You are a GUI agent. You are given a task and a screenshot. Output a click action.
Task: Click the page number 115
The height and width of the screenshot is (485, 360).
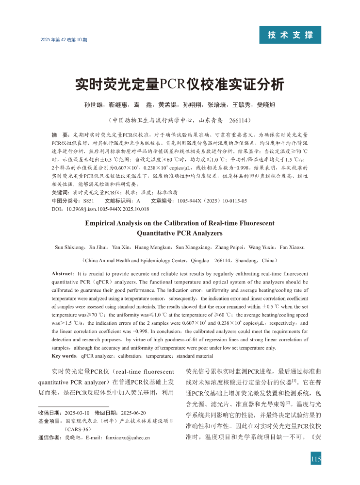coord(316,459)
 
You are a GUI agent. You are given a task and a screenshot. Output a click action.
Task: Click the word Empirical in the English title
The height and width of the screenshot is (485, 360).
coord(105,223)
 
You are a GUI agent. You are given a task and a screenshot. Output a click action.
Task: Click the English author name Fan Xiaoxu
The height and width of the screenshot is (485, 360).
coord(290,247)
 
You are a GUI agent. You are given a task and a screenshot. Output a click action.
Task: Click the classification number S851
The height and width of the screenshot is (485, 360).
coord(89,201)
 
